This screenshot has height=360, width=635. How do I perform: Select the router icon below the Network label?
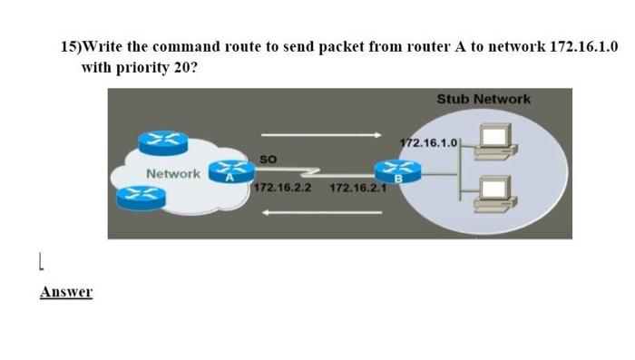pos(145,193)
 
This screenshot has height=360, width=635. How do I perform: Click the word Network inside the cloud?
pos(173,172)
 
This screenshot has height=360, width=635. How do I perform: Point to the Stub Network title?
pos(484,99)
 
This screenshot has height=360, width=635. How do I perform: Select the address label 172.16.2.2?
pos(282,189)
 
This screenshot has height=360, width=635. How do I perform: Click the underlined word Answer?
pos(66,292)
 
